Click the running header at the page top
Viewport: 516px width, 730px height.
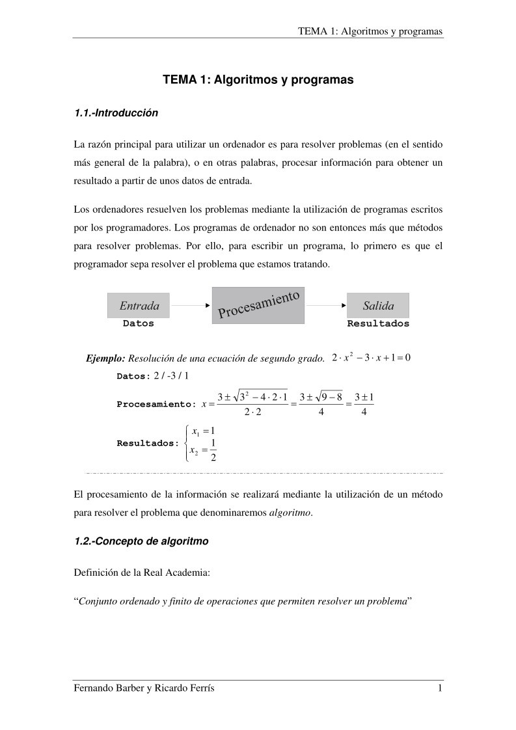pos(370,31)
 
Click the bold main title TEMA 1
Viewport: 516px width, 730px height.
pos(258,80)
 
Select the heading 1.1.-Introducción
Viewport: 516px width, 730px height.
pos(116,113)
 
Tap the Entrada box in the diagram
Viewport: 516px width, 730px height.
pos(139,306)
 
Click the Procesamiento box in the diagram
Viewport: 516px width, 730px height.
pos(258,305)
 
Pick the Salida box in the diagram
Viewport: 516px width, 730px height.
pos(378,306)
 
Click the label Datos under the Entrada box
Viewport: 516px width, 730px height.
pos(139,323)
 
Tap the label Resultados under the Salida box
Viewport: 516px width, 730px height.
pos(378,323)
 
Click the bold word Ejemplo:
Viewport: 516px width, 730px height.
pos(106,359)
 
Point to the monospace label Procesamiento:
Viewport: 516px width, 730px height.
pos(156,404)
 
